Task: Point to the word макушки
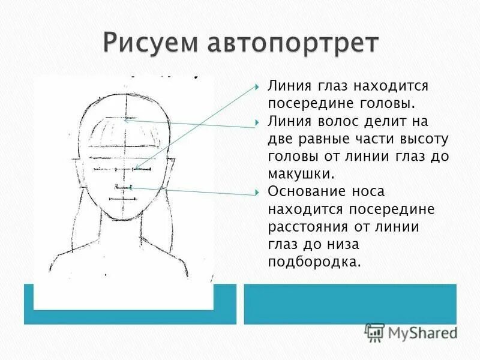[299, 174]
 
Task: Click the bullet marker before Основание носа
[257, 192]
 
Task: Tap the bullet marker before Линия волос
[257, 121]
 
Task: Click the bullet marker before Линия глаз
[257, 86]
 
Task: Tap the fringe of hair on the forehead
[125, 133]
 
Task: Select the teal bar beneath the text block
[349, 304]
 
